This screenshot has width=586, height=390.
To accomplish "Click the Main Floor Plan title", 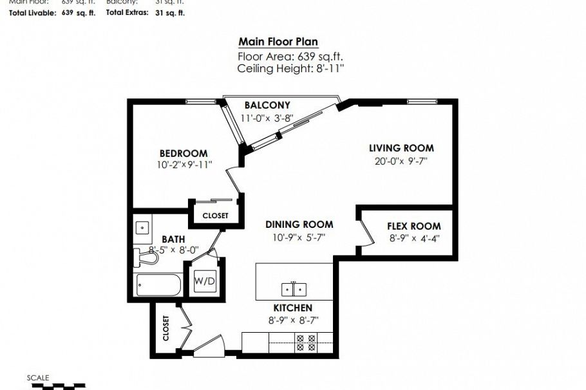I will pyautogui.click(x=278, y=42).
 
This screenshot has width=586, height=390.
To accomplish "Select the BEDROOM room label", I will pyautogui.click(x=184, y=153).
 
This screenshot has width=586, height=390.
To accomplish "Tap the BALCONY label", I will pyautogui.click(x=267, y=105).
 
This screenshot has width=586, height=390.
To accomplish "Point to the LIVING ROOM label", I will pyautogui.click(x=401, y=148).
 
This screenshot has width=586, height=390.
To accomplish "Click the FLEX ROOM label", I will pyautogui.click(x=413, y=226).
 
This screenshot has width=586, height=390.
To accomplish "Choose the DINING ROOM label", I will pyautogui.click(x=299, y=225).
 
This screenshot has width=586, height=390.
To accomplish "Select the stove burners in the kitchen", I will pyautogui.click(x=303, y=342).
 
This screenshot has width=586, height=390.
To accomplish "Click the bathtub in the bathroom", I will pyautogui.click(x=158, y=284).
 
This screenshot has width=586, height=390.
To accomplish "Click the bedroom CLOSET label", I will pyautogui.click(x=215, y=216).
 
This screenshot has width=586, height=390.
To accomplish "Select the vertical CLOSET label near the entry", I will pyautogui.click(x=165, y=328).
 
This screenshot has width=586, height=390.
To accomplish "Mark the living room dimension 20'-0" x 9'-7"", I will pyautogui.click(x=401, y=162).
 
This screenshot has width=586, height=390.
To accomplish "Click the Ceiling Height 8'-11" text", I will pyautogui.click(x=290, y=68).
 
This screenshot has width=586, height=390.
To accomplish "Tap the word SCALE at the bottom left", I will pyautogui.click(x=38, y=378).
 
